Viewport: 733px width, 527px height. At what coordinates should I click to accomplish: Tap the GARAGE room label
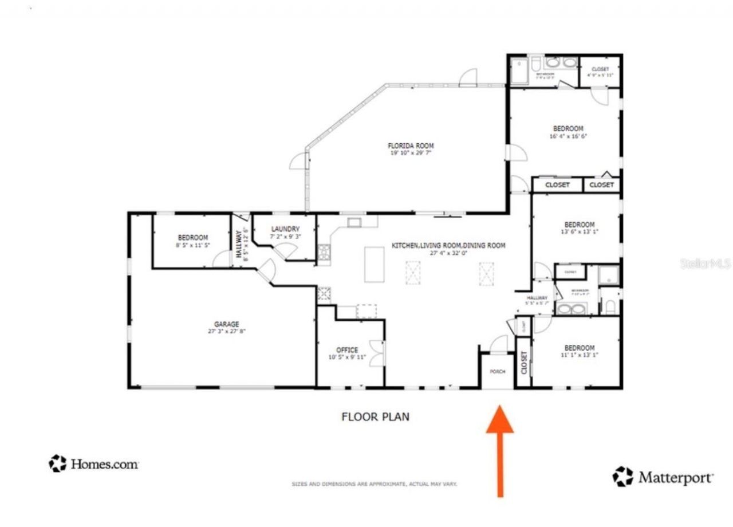227,324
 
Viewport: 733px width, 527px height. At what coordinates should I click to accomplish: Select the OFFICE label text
347,351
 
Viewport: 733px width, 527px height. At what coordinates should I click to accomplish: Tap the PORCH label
497,372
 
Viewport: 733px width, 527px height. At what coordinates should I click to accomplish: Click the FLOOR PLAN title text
375,416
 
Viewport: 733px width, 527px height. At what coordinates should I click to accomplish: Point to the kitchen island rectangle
374,264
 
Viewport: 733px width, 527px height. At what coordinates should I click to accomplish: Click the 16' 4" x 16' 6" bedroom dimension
568,136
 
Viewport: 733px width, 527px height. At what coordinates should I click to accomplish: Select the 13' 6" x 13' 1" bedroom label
579,232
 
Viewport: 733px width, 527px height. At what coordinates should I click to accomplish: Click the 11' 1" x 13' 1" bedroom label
579,355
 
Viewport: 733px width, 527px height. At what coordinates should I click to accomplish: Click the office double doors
377,353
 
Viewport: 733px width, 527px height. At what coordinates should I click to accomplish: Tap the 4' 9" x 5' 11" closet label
600,75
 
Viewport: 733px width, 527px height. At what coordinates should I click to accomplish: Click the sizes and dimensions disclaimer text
374,484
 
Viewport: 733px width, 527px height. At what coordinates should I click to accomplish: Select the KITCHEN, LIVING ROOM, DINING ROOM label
448,246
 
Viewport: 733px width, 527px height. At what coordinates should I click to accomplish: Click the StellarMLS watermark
705,264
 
